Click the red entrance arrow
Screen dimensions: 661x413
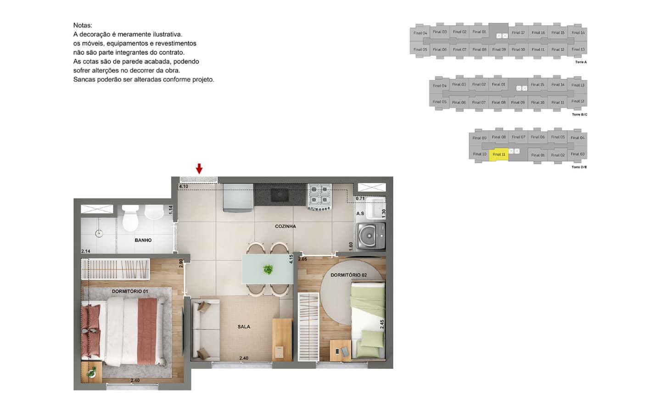(x=199, y=168)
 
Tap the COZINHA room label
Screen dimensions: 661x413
(x=286, y=226)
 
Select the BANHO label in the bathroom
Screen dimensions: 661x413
(x=143, y=240)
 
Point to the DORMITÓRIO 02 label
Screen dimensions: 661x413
(x=348, y=275)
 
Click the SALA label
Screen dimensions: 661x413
(x=244, y=327)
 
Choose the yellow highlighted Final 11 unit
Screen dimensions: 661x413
(x=499, y=155)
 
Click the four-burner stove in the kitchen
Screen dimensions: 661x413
(x=319, y=196)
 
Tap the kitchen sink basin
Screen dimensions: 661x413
(x=280, y=195)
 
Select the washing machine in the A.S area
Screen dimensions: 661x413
(x=371, y=236)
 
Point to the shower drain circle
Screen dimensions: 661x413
(x=99, y=234)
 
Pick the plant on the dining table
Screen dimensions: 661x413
(x=268, y=269)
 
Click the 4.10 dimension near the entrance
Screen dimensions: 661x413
(x=184, y=186)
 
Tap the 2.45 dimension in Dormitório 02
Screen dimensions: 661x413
(x=382, y=324)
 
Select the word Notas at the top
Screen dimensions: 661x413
(x=83, y=25)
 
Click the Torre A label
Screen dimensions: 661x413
(x=581, y=62)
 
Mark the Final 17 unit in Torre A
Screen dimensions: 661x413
(x=518, y=33)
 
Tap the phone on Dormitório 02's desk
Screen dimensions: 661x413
(x=337, y=351)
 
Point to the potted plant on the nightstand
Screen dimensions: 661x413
(x=91, y=372)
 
